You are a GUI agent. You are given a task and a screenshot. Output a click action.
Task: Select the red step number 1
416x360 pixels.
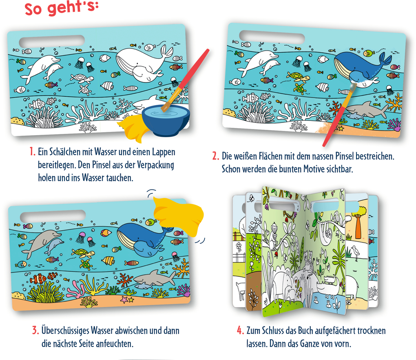pos(32,152)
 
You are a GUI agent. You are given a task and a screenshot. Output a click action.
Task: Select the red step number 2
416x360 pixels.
pos(215,156)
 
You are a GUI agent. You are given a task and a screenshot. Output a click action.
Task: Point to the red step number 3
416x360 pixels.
pos(35,330)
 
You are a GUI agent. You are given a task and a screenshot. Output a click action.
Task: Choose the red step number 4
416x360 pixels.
pos(240,330)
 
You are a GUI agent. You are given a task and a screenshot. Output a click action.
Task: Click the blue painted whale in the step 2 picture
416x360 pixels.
pos(359,65)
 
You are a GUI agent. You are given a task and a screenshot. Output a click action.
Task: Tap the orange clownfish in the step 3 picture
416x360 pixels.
pos(40,279)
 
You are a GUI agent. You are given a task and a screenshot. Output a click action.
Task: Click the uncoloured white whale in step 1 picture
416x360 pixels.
pos(141,61)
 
